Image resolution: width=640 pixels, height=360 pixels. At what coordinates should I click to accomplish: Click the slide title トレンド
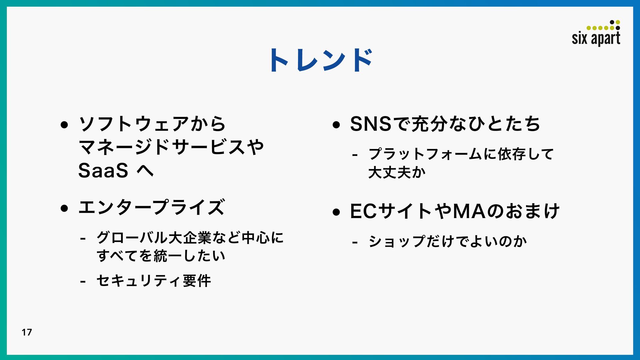coord(321,60)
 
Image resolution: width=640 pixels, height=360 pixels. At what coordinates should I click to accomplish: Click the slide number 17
coord(27,332)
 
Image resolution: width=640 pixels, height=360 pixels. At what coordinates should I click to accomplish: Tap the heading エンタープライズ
coord(152,207)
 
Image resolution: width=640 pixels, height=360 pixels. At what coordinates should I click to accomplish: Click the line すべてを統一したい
coord(161,256)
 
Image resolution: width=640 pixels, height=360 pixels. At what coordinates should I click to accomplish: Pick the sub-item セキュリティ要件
coord(154,281)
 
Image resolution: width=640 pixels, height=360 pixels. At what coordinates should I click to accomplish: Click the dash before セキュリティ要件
coord(83,282)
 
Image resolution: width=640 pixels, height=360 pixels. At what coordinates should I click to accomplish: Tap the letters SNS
coord(370,124)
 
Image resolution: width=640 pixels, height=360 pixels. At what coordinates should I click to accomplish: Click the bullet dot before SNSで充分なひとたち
coord(336,125)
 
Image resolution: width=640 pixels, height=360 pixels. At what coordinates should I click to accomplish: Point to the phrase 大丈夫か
coord(397,172)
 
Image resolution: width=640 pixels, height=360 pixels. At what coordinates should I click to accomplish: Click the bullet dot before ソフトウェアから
coord(64,125)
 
